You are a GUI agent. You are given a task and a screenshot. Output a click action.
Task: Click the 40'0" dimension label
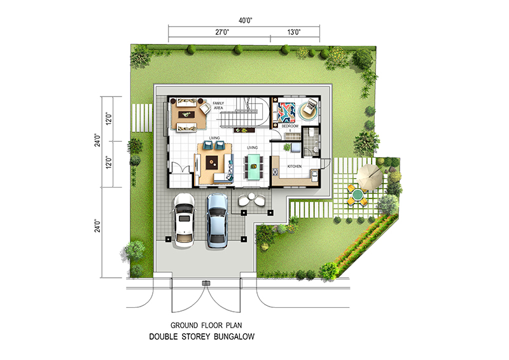[x=246, y=20]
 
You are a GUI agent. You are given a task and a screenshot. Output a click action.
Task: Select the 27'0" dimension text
[x=222, y=32]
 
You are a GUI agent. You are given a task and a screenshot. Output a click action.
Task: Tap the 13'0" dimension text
[x=294, y=32]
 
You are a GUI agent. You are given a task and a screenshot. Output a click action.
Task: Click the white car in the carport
[x=184, y=221]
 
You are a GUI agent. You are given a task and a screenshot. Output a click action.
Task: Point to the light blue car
[x=217, y=221]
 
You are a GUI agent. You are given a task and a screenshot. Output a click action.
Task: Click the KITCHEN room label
[x=295, y=167]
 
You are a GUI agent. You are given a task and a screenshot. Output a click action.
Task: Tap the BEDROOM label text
[x=290, y=126]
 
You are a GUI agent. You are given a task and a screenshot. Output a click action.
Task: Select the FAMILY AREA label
[x=218, y=106]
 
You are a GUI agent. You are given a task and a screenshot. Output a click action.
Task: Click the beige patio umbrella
[x=370, y=176]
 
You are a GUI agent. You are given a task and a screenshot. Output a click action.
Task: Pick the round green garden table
[x=358, y=195]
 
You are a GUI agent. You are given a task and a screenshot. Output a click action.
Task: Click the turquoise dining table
[x=254, y=167]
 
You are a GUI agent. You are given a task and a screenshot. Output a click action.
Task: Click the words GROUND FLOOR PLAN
[x=206, y=325]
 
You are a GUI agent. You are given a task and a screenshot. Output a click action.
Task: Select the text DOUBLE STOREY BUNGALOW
[x=202, y=336]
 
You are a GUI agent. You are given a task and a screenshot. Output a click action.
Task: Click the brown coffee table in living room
[x=212, y=162]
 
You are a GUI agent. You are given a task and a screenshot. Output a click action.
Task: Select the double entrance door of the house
[x=180, y=169]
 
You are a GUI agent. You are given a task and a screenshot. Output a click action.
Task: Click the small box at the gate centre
[x=206, y=284]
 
